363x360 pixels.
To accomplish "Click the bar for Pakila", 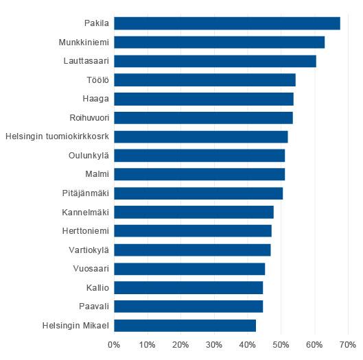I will pyautogui.click(x=226, y=23).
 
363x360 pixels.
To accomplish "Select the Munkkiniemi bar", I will pyautogui.click(x=219, y=43).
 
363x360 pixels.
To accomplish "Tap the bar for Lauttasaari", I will pyautogui.click(x=215, y=61).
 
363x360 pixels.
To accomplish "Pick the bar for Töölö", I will pyautogui.click(x=204, y=80).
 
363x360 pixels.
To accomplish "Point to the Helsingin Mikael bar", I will pyautogui.click(x=185, y=325).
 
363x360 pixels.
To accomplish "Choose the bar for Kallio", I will pyautogui.click(x=188, y=287).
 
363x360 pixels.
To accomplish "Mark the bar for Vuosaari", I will pyautogui.click(x=189, y=268).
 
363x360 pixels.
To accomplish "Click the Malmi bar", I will pyautogui.click(x=199, y=174).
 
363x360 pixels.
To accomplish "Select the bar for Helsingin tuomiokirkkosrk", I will pyautogui.click(x=200, y=136).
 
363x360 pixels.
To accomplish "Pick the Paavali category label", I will pyautogui.click(x=92, y=306).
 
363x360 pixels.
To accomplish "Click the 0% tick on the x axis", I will pyautogui.click(x=114, y=345).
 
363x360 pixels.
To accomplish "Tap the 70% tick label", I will pyautogui.click(x=347, y=345).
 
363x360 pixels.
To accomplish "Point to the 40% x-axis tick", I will pyautogui.click(x=247, y=345).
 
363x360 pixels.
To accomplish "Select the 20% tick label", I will pyautogui.click(x=180, y=345).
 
